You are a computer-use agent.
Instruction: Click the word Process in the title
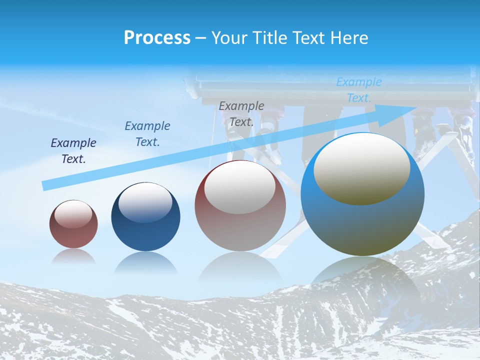point(157,38)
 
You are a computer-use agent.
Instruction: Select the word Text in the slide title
point(309,38)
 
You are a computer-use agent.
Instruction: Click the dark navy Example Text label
point(73,150)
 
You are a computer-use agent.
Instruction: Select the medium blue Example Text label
point(147,133)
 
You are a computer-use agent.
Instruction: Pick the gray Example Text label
point(241,113)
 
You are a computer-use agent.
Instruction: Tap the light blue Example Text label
point(359,89)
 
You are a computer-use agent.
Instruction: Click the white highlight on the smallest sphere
point(73,214)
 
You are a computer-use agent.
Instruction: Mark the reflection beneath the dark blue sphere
point(145,262)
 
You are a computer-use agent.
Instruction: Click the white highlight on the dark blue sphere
point(145,201)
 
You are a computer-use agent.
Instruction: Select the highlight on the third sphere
point(240,187)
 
